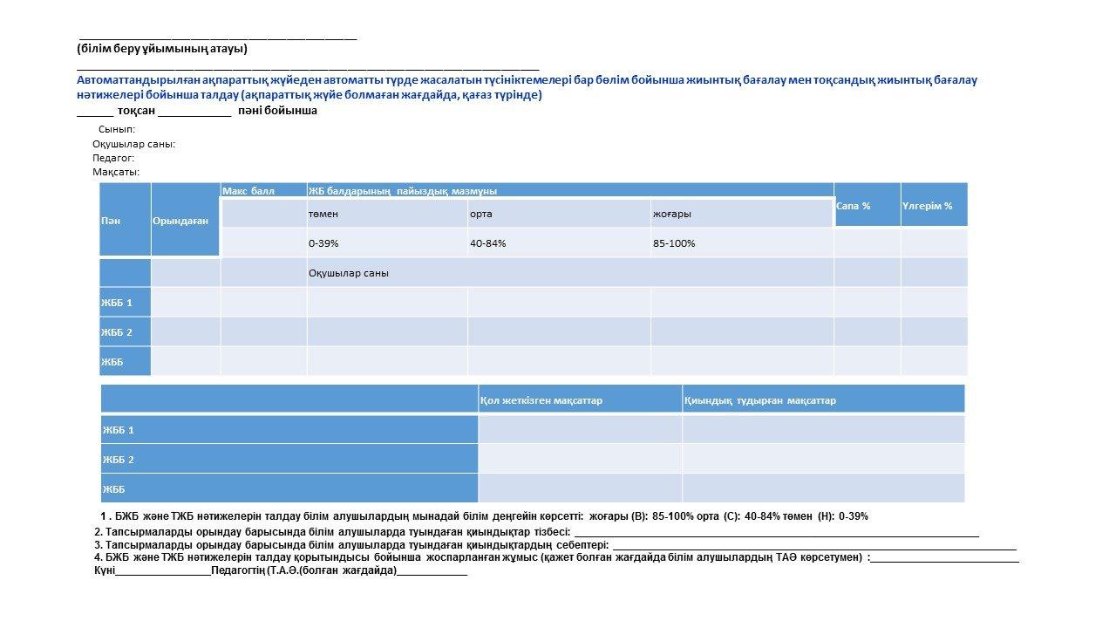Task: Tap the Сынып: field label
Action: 117,129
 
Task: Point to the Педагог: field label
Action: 113,158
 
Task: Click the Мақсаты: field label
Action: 116,172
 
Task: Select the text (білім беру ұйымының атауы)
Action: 162,49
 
